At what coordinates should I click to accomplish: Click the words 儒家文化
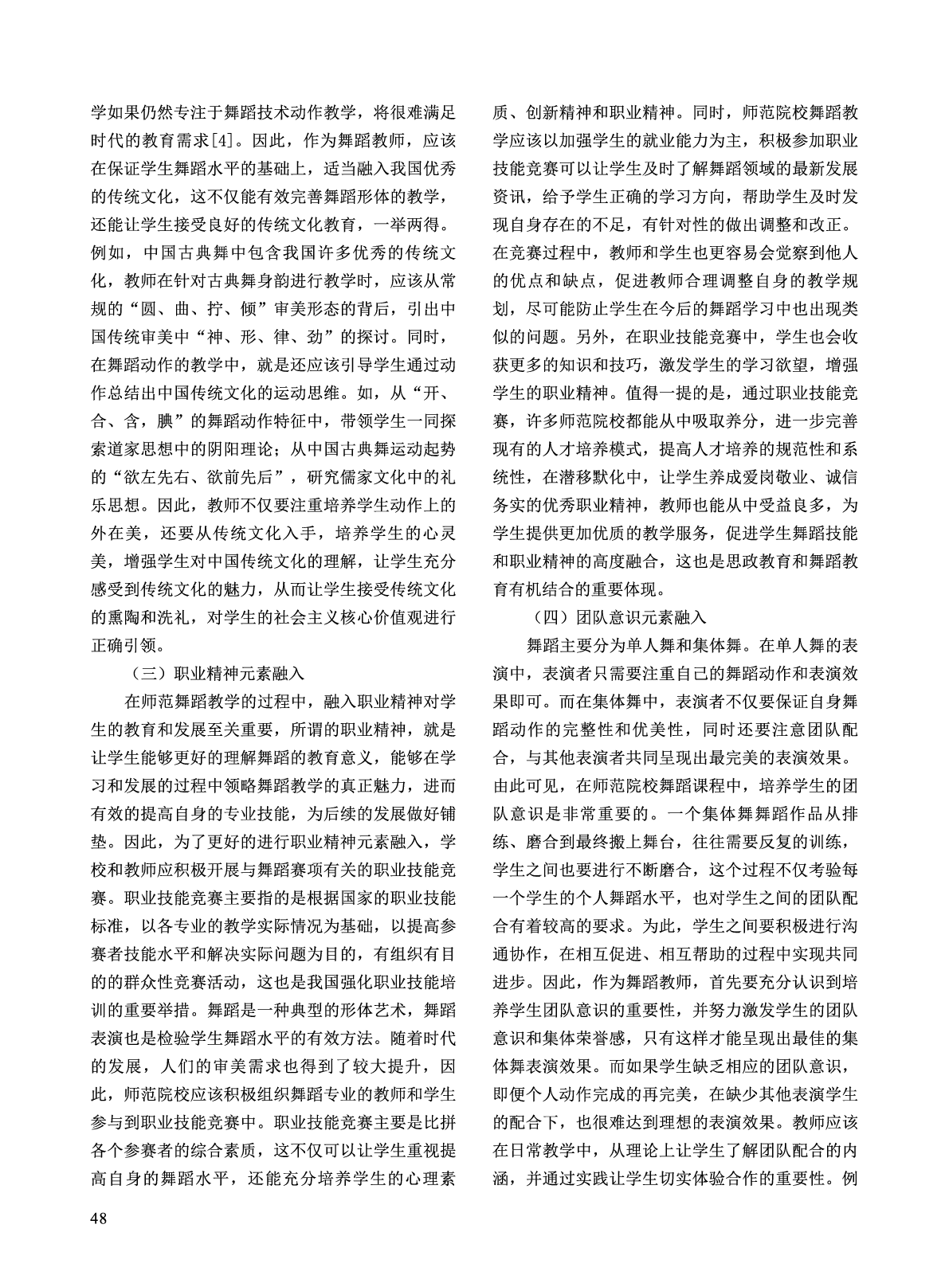point(369,478)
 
